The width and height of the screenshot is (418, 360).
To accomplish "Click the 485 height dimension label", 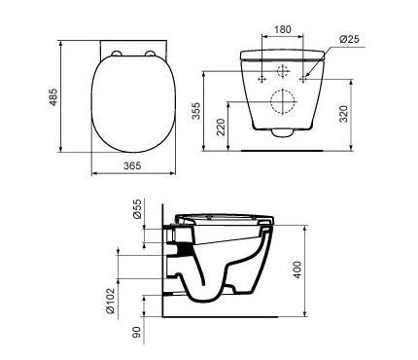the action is (53, 96).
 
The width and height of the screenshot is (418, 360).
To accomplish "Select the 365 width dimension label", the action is (132, 165).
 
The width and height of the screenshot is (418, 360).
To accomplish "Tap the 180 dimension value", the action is (283, 29).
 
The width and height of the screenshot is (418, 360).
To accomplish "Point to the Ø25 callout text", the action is (349, 39).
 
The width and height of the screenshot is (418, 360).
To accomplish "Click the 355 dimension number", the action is (196, 111).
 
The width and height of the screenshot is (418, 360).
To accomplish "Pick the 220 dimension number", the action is (221, 127).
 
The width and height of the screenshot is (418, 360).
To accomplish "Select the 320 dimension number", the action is (343, 114).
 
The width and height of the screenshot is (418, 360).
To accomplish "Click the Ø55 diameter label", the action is (138, 208).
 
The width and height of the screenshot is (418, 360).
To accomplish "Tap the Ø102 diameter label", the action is (111, 301).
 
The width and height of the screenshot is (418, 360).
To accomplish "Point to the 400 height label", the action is (297, 270).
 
